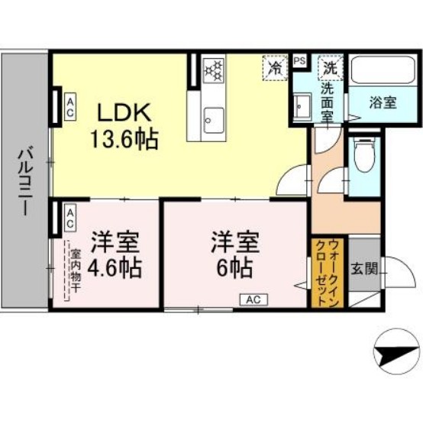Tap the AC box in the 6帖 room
click(252, 299)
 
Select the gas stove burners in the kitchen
click(213, 71)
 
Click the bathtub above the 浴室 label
click(383, 71)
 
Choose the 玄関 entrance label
click(362, 269)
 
